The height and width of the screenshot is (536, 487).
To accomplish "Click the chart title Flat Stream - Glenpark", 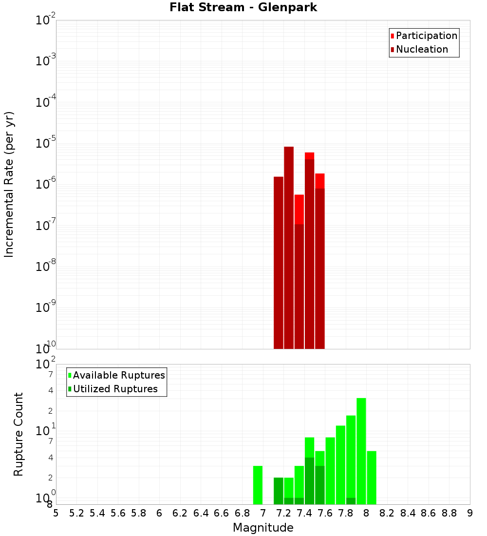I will tap(243, 7).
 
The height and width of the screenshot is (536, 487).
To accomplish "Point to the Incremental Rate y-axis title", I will tap(9, 185).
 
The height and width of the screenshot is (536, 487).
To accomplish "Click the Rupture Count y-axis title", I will tap(19, 434).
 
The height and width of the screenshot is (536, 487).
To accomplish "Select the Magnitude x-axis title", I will tap(263, 528).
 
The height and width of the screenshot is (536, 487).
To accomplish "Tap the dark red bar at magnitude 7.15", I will tap(279, 263).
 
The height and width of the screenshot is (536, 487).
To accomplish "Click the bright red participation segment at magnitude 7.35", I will tap(299, 210).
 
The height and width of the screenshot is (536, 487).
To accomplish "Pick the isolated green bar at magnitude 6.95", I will tap(258, 485).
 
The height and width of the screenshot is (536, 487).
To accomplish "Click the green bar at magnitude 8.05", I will tap(372, 478).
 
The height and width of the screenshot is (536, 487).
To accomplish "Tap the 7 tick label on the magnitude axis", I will tap(263, 513).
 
